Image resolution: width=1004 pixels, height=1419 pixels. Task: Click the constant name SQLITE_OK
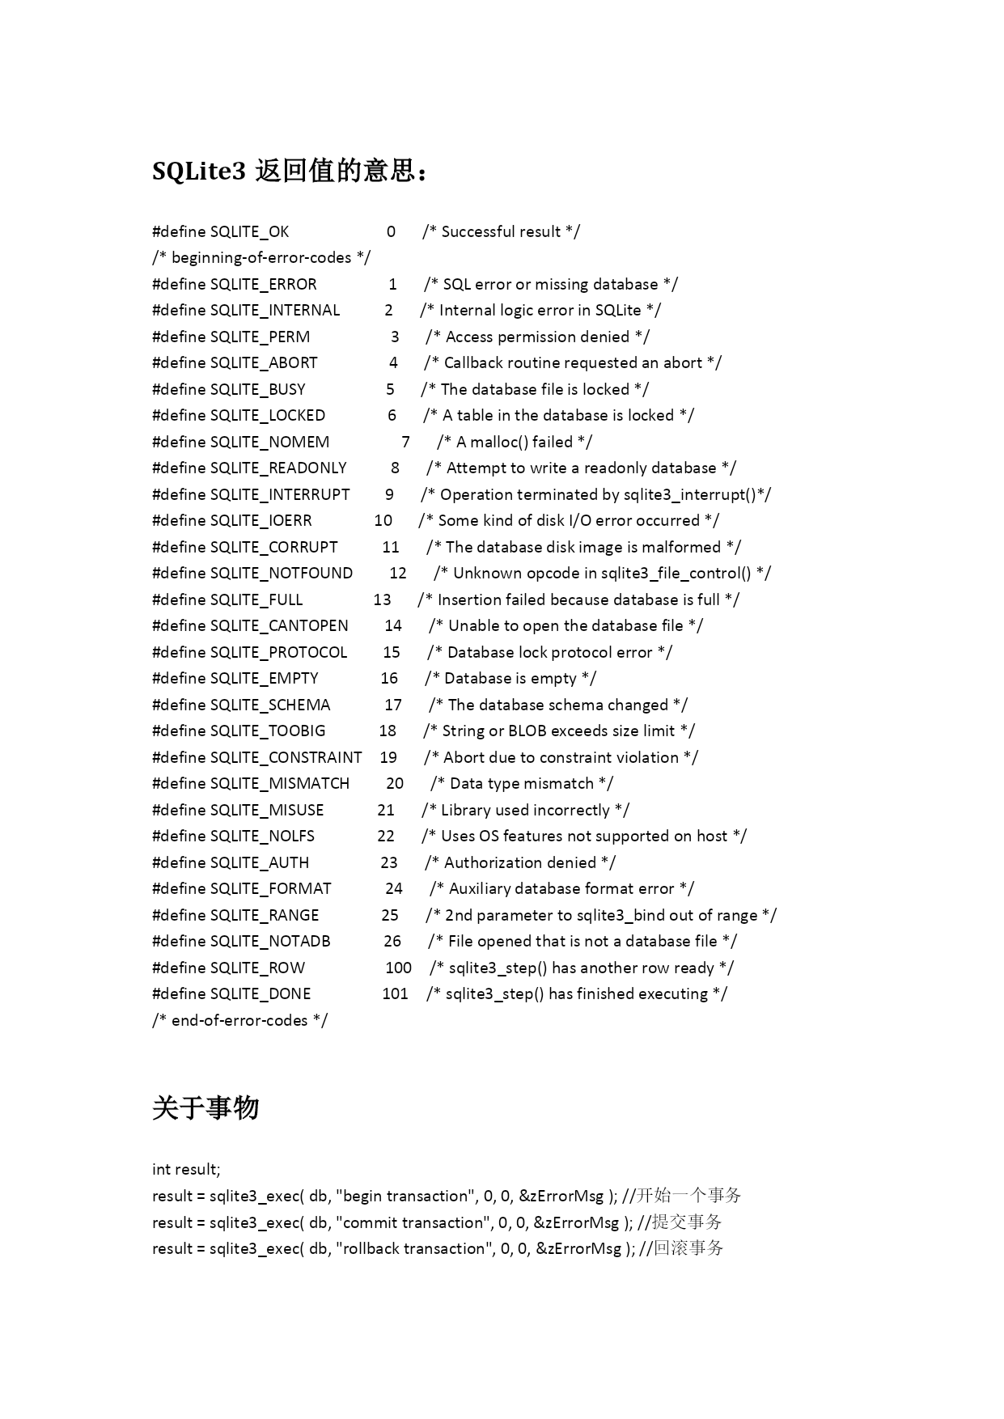point(249,232)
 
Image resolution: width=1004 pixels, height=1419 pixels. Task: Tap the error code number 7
point(405,442)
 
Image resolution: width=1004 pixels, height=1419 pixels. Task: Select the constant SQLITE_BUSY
point(257,389)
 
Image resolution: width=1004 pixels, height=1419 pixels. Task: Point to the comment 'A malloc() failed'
point(515,442)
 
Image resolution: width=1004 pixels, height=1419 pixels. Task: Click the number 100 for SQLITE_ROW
point(398,968)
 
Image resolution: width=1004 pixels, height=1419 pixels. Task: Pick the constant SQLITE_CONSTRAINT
point(286,757)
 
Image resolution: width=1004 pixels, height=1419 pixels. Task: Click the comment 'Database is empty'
point(510,678)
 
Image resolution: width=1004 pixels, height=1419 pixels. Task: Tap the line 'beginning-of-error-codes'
point(261,258)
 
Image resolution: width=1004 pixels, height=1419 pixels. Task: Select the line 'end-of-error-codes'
point(239,1020)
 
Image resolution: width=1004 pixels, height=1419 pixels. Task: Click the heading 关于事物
point(205,1108)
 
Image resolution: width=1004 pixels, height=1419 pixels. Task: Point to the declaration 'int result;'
point(186,1169)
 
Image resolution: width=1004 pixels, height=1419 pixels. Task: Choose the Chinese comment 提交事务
point(687,1222)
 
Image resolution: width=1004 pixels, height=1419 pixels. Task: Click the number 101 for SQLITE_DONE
point(395,993)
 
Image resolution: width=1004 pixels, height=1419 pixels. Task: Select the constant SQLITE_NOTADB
point(270,941)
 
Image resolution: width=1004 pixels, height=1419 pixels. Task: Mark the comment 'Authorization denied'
point(520,862)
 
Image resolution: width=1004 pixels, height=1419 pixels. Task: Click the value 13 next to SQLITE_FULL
point(382,599)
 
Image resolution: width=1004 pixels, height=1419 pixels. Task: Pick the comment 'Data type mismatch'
point(522,783)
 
